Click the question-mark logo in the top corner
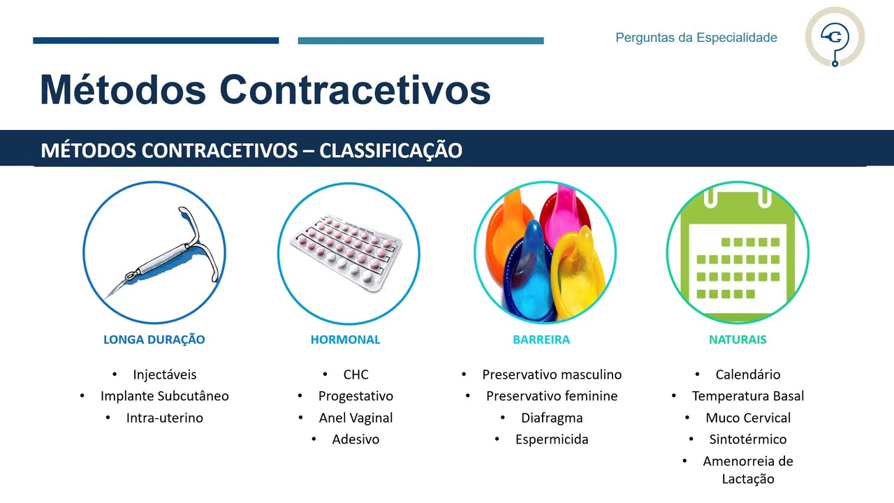click(835, 37)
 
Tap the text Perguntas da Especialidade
click(696, 38)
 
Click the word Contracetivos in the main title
click(355, 89)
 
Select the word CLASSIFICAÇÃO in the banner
click(390, 151)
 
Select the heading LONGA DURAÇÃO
click(154, 340)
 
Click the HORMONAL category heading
click(345, 340)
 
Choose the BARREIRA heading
click(541, 340)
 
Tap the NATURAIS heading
click(738, 340)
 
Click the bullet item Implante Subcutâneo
click(164, 396)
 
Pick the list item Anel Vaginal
click(356, 418)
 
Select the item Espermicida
click(552, 439)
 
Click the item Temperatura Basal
click(748, 396)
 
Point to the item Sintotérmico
click(748, 439)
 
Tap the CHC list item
click(356, 374)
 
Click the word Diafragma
click(552, 418)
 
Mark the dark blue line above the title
click(156, 41)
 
